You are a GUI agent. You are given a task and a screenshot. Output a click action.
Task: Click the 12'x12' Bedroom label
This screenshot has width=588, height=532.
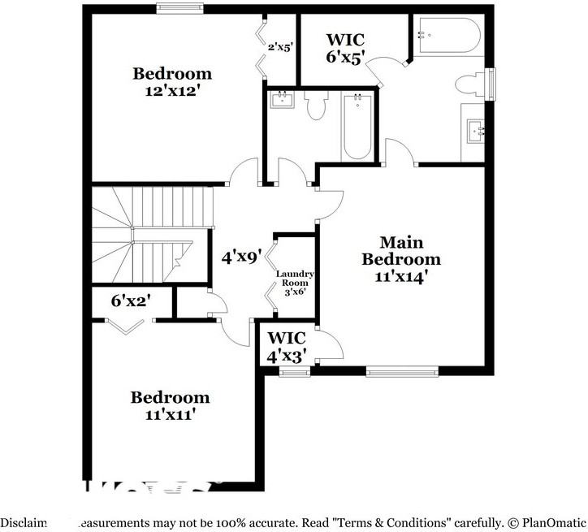[x=172, y=82]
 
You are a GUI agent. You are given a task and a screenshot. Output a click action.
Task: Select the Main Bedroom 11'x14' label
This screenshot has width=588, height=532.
[x=401, y=259]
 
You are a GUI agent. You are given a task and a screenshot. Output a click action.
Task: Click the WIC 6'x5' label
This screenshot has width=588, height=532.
[x=346, y=47]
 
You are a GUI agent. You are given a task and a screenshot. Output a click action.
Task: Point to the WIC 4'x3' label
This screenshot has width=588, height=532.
[x=286, y=346]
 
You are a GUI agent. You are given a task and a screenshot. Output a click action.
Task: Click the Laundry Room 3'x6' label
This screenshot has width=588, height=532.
[x=294, y=283]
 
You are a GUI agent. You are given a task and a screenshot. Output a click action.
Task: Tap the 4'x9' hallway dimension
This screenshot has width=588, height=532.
[x=241, y=257]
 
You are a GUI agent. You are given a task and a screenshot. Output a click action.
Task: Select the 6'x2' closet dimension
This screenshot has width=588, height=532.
[x=131, y=301]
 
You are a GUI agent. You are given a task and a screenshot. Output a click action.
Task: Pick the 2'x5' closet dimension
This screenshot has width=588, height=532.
[x=280, y=47]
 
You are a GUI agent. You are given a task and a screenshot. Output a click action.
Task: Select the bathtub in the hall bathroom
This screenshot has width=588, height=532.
[x=357, y=126]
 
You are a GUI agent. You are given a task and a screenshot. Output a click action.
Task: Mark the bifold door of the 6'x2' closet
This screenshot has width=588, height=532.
[x=126, y=325]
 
